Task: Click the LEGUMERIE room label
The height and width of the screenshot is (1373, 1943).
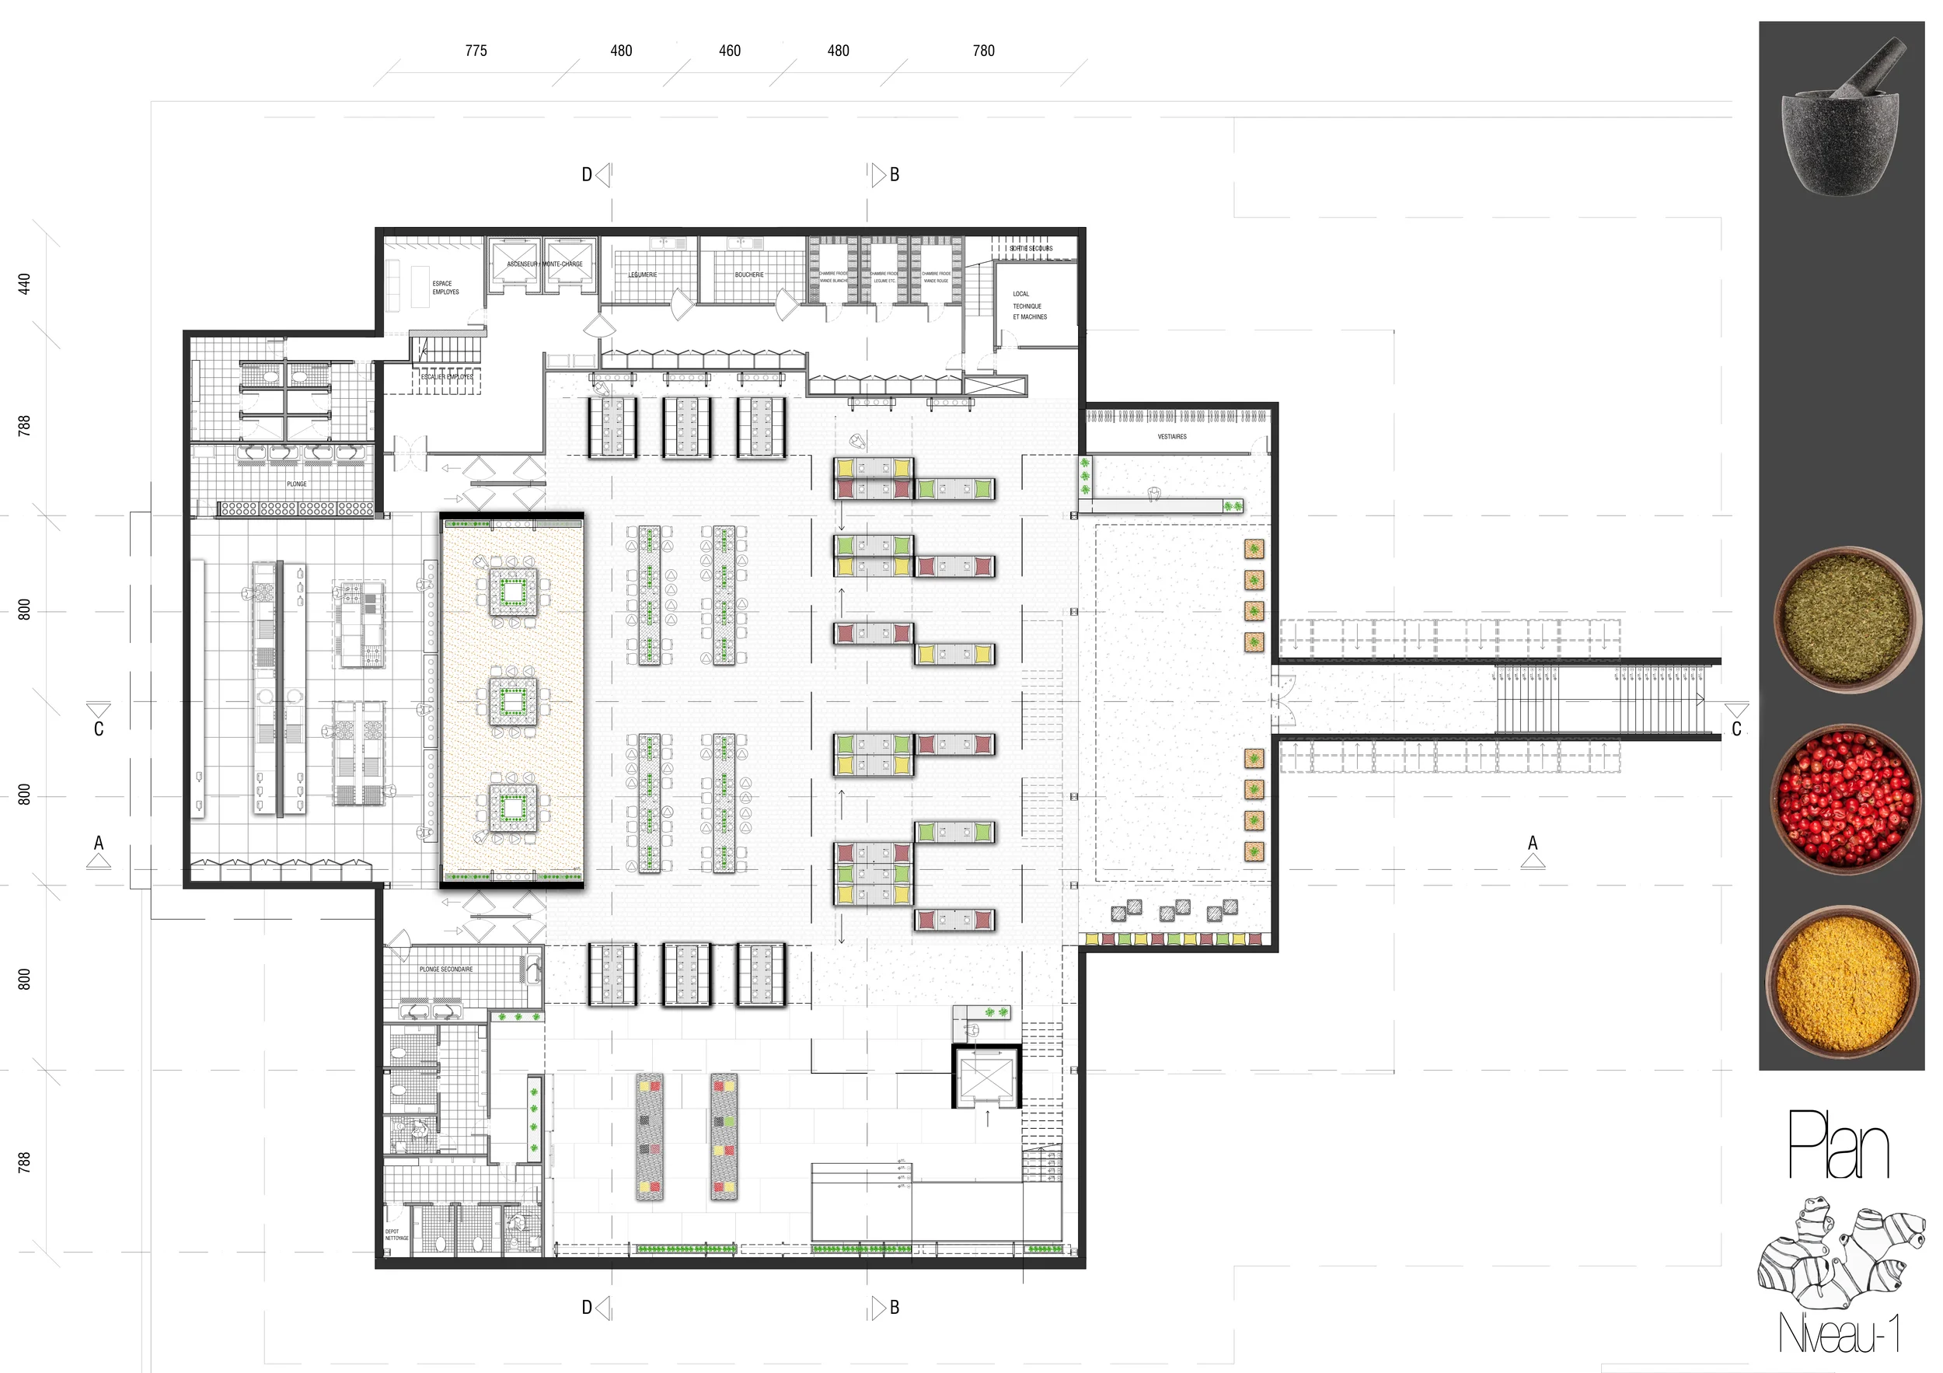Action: [x=642, y=274]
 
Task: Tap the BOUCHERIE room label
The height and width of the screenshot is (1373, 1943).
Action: [x=749, y=274]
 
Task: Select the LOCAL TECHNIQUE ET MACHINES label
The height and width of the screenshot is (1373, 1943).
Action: [x=1029, y=306]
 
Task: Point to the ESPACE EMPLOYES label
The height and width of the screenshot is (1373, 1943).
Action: [x=445, y=288]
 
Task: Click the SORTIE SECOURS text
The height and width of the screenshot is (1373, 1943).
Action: [x=1031, y=249]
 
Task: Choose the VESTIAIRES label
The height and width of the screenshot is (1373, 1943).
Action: [x=1171, y=437]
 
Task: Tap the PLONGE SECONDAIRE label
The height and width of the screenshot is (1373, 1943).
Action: [x=446, y=969]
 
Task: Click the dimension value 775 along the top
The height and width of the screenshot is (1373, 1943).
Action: [x=476, y=51]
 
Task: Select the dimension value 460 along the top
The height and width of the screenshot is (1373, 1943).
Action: [x=730, y=51]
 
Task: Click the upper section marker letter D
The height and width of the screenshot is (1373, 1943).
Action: [x=587, y=175]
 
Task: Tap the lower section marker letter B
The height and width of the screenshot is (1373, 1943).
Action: [x=895, y=1307]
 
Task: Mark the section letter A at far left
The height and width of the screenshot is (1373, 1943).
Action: [x=99, y=843]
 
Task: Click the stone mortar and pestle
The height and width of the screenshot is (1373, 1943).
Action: [x=1840, y=118]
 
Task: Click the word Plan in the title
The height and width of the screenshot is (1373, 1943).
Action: [x=1837, y=1147]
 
